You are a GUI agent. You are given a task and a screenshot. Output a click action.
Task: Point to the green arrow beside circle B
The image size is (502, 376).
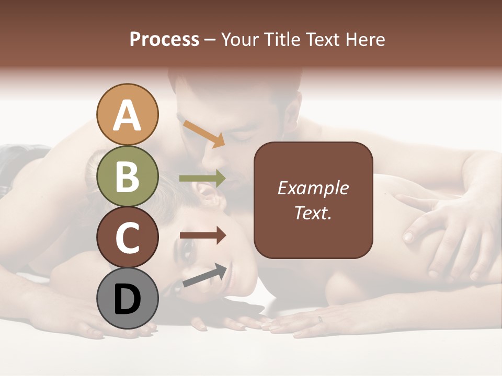pos(202,179)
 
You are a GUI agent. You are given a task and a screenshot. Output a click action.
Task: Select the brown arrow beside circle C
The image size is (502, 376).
pos(202,236)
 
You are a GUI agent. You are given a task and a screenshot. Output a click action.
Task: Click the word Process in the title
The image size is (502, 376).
pos(164,40)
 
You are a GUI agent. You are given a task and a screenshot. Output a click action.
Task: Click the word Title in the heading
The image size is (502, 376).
pos(279,40)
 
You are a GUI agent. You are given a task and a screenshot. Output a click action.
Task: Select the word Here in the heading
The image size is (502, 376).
pos(364,40)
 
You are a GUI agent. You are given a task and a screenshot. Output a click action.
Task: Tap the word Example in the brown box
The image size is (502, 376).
pos(313,189)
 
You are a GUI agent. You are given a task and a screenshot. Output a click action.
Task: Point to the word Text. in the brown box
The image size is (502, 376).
pos(313,213)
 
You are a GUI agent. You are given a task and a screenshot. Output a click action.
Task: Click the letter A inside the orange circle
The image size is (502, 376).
pos(128,115)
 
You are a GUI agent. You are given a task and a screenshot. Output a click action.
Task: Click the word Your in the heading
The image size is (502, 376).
pos(240,40)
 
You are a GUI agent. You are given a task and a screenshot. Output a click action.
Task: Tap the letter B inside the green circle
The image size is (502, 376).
pos(128,177)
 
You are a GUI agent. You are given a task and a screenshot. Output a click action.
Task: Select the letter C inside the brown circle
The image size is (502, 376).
pos(128,238)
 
